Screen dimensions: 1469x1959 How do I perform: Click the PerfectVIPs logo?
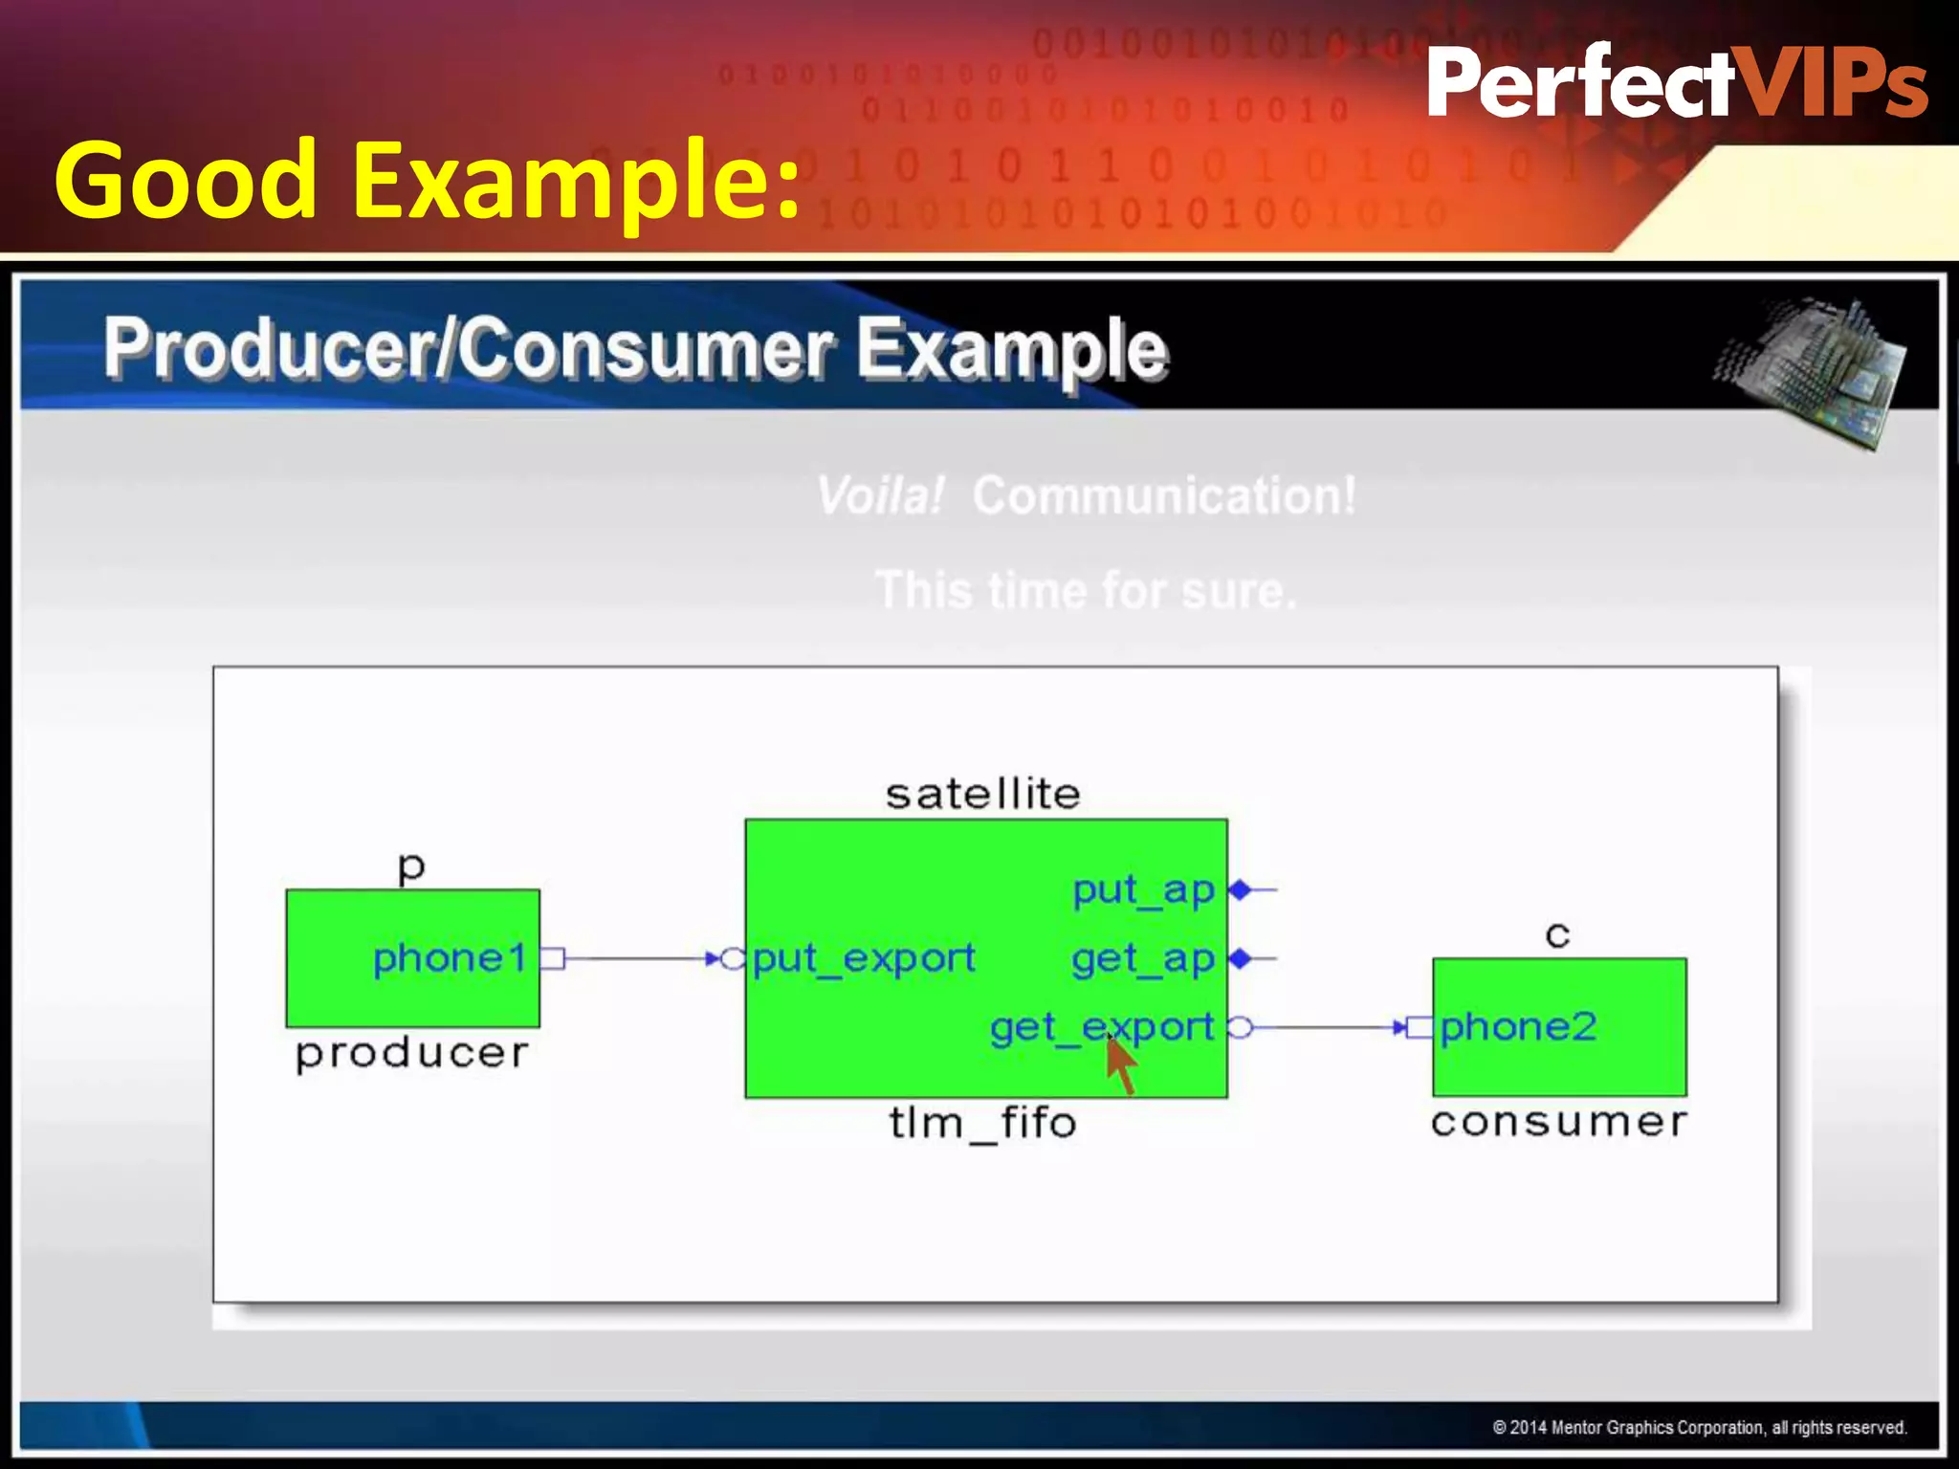tap(1676, 84)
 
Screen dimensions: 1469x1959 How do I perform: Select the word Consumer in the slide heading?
tap(649, 349)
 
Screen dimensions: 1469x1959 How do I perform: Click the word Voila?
tap(880, 496)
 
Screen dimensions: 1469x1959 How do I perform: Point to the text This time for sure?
tap(1086, 590)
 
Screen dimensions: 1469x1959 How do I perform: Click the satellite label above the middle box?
tap(983, 795)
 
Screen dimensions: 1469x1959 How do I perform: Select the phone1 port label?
tap(450, 958)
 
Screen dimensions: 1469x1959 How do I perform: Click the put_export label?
tap(864, 958)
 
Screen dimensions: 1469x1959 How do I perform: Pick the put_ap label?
tap(1143, 890)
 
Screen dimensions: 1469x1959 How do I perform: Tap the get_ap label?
tap(1143, 958)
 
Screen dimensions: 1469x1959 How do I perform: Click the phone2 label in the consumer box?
tap(1518, 1027)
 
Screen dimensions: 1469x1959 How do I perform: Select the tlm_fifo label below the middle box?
tap(983, 1123)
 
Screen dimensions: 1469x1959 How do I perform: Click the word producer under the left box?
tap(411, 1054)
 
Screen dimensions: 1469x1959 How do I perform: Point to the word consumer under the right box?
tap(1558, 1122)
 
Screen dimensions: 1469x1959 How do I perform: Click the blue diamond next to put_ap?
tap(1241, 890)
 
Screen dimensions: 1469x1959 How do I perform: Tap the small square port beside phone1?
tap(553, 958)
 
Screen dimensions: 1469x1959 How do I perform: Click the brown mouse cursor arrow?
tap(1121, 1063)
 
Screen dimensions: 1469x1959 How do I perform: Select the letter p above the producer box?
tap(411, 868)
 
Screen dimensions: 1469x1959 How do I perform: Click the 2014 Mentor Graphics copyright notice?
tap(1699, 1428)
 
